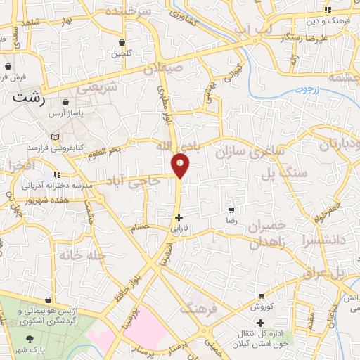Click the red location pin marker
(x=180, y=165)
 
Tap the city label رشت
(x=29, y=99)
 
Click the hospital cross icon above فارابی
(x=179, y=217)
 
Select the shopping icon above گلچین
(x=122, y=43)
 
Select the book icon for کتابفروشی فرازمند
(x=55, y=137)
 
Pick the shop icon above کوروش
(x=262, y=296)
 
